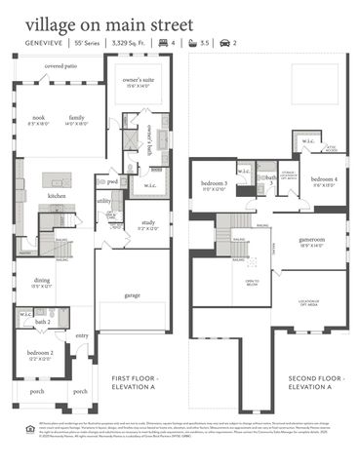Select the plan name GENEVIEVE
(47, 44)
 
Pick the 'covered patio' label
(60, 66)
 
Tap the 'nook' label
(38, 117)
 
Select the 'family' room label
(76, 117)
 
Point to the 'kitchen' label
(57, 196)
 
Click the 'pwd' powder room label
(112, 181)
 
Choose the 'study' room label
(147, 223)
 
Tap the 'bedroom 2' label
(40, 353)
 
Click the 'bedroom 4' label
(324, 179)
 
